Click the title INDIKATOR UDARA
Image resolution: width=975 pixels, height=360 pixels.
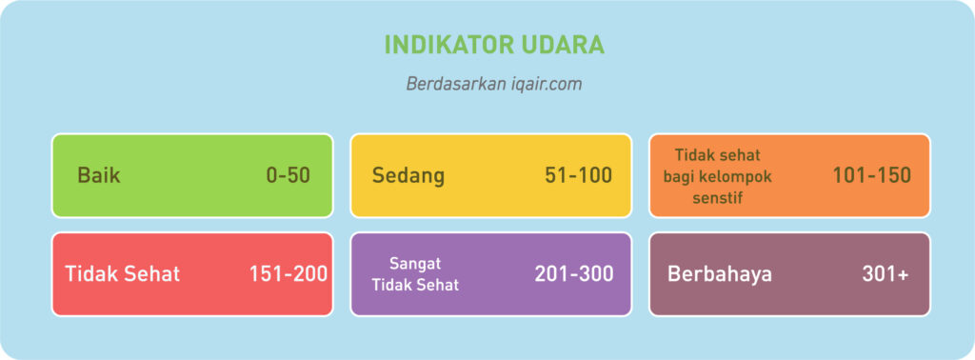494,46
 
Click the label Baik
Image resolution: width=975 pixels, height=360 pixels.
99,176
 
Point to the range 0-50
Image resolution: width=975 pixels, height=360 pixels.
288,176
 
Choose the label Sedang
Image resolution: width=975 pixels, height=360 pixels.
408,176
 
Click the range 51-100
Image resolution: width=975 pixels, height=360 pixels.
578,176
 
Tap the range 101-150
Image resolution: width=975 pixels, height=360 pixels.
872,176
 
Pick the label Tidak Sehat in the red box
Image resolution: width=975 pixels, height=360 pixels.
123,274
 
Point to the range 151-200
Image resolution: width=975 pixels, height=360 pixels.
289,274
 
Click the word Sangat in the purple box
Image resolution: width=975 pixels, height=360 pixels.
415,264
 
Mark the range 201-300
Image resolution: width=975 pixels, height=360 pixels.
574,274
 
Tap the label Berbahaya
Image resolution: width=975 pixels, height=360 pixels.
720,274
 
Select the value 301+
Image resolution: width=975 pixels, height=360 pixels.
885,274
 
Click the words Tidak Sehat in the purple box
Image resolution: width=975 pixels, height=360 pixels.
415,286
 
